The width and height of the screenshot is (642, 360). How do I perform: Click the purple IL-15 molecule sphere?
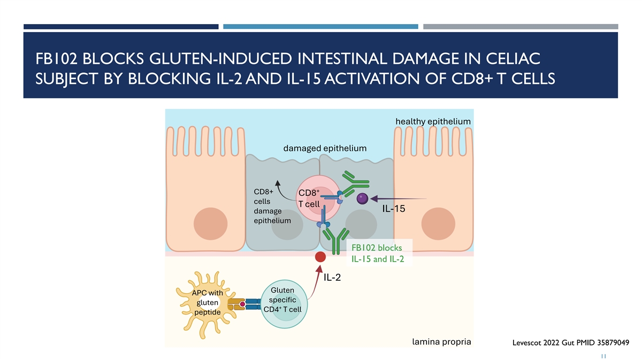(x=362, y=198)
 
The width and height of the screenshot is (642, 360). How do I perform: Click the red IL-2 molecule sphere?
(x=320, y=257)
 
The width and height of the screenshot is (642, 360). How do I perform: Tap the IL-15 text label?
(x=393, y=209)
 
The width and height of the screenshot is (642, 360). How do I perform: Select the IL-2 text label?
(x=332, y=277)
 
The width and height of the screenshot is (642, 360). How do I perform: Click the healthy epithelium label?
(x=433, y=121)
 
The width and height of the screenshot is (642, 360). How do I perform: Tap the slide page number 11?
(x=603, y=355)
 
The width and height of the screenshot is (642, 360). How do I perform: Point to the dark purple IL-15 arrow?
(x=399, y=199)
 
